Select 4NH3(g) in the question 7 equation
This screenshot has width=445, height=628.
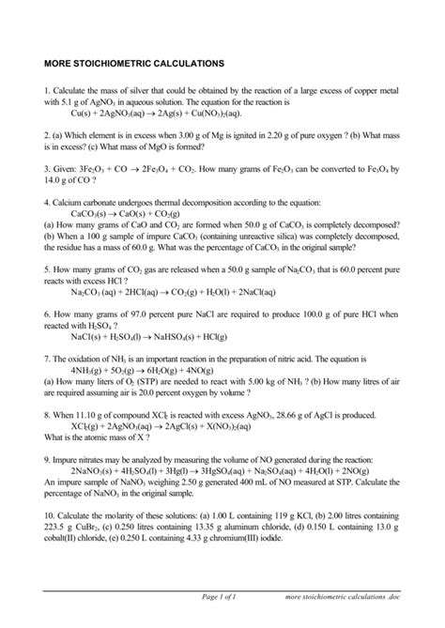pyautogui.click(x=90, y=370)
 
